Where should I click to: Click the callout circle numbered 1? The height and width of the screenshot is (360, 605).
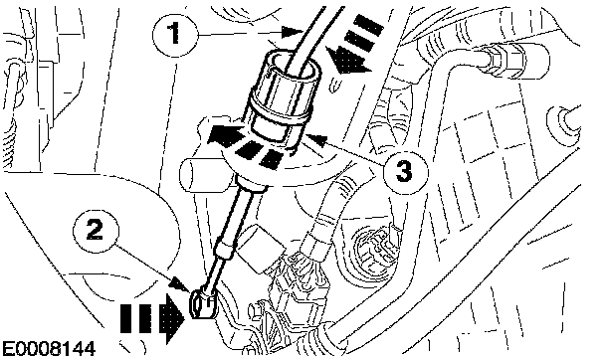[175, 34]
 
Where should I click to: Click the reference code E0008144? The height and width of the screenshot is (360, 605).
[49, 350]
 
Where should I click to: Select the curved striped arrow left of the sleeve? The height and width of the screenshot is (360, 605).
[246, 145]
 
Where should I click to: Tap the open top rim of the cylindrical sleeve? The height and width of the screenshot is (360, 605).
[293, 63]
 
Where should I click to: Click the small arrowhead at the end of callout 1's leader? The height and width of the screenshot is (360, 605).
[293, 32]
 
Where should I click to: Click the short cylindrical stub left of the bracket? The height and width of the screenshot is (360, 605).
[200, 174]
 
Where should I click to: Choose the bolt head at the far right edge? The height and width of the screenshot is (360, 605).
[561, 118]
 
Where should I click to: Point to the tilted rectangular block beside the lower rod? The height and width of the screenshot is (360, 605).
[260, 248]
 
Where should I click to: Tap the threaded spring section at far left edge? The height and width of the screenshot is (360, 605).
[9, 144]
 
